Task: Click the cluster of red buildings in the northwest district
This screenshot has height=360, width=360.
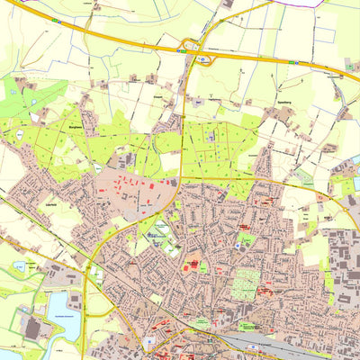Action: (x=134, y=185)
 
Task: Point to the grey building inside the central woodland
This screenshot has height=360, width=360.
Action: (x=211, y=136)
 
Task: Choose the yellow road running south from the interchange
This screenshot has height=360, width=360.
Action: (x=184, y=117)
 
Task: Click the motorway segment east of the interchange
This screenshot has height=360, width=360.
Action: (x=270, y=61)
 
